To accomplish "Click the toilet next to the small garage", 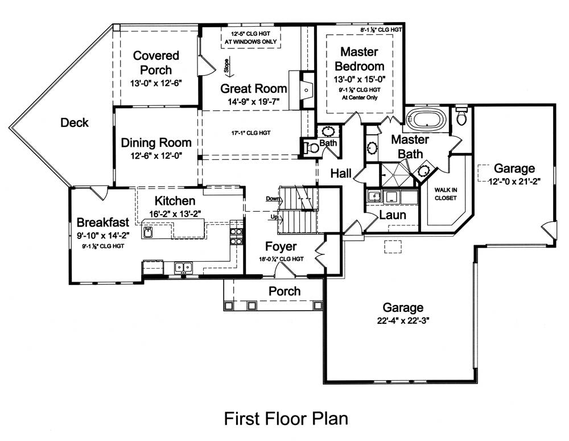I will click(461, 116).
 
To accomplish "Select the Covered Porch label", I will click(155, 63).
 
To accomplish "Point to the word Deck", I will click(75, 122).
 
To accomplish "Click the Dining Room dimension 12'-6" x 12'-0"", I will click(155, 155).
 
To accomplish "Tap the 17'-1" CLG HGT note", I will click(251, 133).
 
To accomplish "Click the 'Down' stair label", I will click(273, 199).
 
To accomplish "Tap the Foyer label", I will click(281, 246).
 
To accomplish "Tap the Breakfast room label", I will click(103, 221).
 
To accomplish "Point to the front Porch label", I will click(284, 291).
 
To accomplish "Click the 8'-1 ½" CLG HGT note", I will click(381, 29).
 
